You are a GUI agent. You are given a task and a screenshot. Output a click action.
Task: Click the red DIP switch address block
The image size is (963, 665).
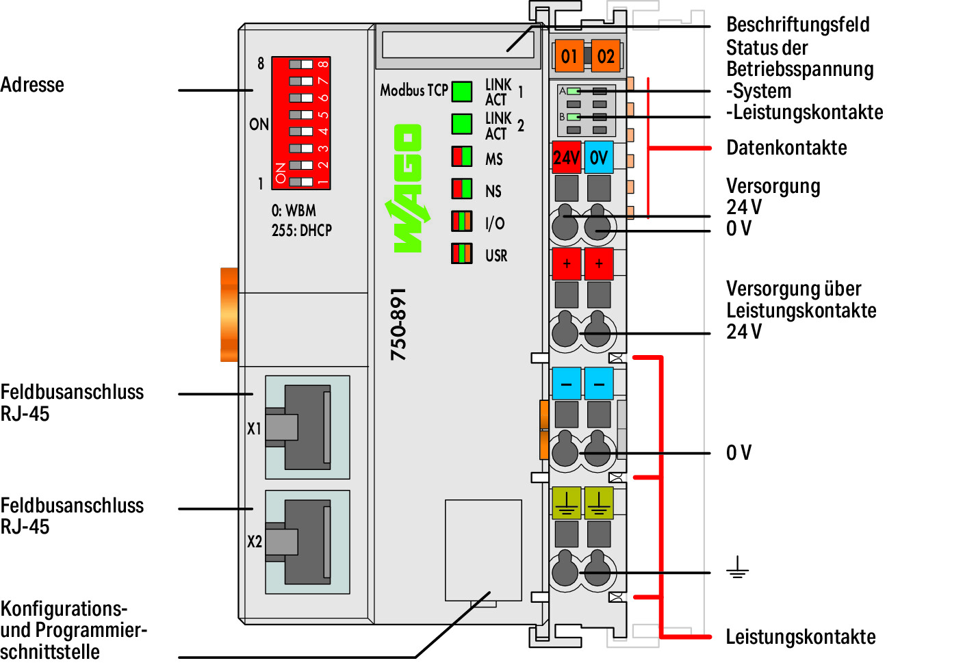[301, 123]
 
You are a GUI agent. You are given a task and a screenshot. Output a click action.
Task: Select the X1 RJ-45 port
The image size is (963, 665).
[307, 427]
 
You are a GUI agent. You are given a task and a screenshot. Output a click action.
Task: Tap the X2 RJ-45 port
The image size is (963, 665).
[307, 542]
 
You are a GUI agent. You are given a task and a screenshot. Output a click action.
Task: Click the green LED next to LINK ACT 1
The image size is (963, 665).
[462, 92]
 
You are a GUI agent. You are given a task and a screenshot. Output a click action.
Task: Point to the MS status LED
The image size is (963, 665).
[462, 157]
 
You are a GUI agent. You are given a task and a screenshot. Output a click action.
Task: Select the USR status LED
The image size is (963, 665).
[462, 254]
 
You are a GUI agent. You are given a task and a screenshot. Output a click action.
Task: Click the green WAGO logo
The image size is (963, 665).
[408, 188]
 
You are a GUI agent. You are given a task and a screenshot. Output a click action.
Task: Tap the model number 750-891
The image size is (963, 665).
[398, 324]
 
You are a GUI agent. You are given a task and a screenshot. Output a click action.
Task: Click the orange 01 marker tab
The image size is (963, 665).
[569, 56]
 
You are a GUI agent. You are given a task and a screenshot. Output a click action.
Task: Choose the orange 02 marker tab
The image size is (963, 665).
[605, 56]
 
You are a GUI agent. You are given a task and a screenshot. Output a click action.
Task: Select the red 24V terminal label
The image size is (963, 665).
[566, 157]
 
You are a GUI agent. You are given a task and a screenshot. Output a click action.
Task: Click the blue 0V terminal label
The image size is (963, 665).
[599, 157]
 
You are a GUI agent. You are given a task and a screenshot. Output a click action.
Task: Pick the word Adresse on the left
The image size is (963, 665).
[32, 85]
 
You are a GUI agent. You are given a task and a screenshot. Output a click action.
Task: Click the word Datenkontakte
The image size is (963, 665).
[786, 148]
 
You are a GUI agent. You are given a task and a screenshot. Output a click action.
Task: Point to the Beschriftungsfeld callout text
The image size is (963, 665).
[797, 25]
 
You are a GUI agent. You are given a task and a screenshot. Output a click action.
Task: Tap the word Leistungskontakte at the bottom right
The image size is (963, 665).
[800, 637]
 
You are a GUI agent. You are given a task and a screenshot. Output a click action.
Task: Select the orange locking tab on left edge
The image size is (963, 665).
[229, 315]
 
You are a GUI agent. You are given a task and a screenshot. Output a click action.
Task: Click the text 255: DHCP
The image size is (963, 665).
[301, 231]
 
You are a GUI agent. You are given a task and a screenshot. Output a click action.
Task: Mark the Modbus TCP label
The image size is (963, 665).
[413, 90]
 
